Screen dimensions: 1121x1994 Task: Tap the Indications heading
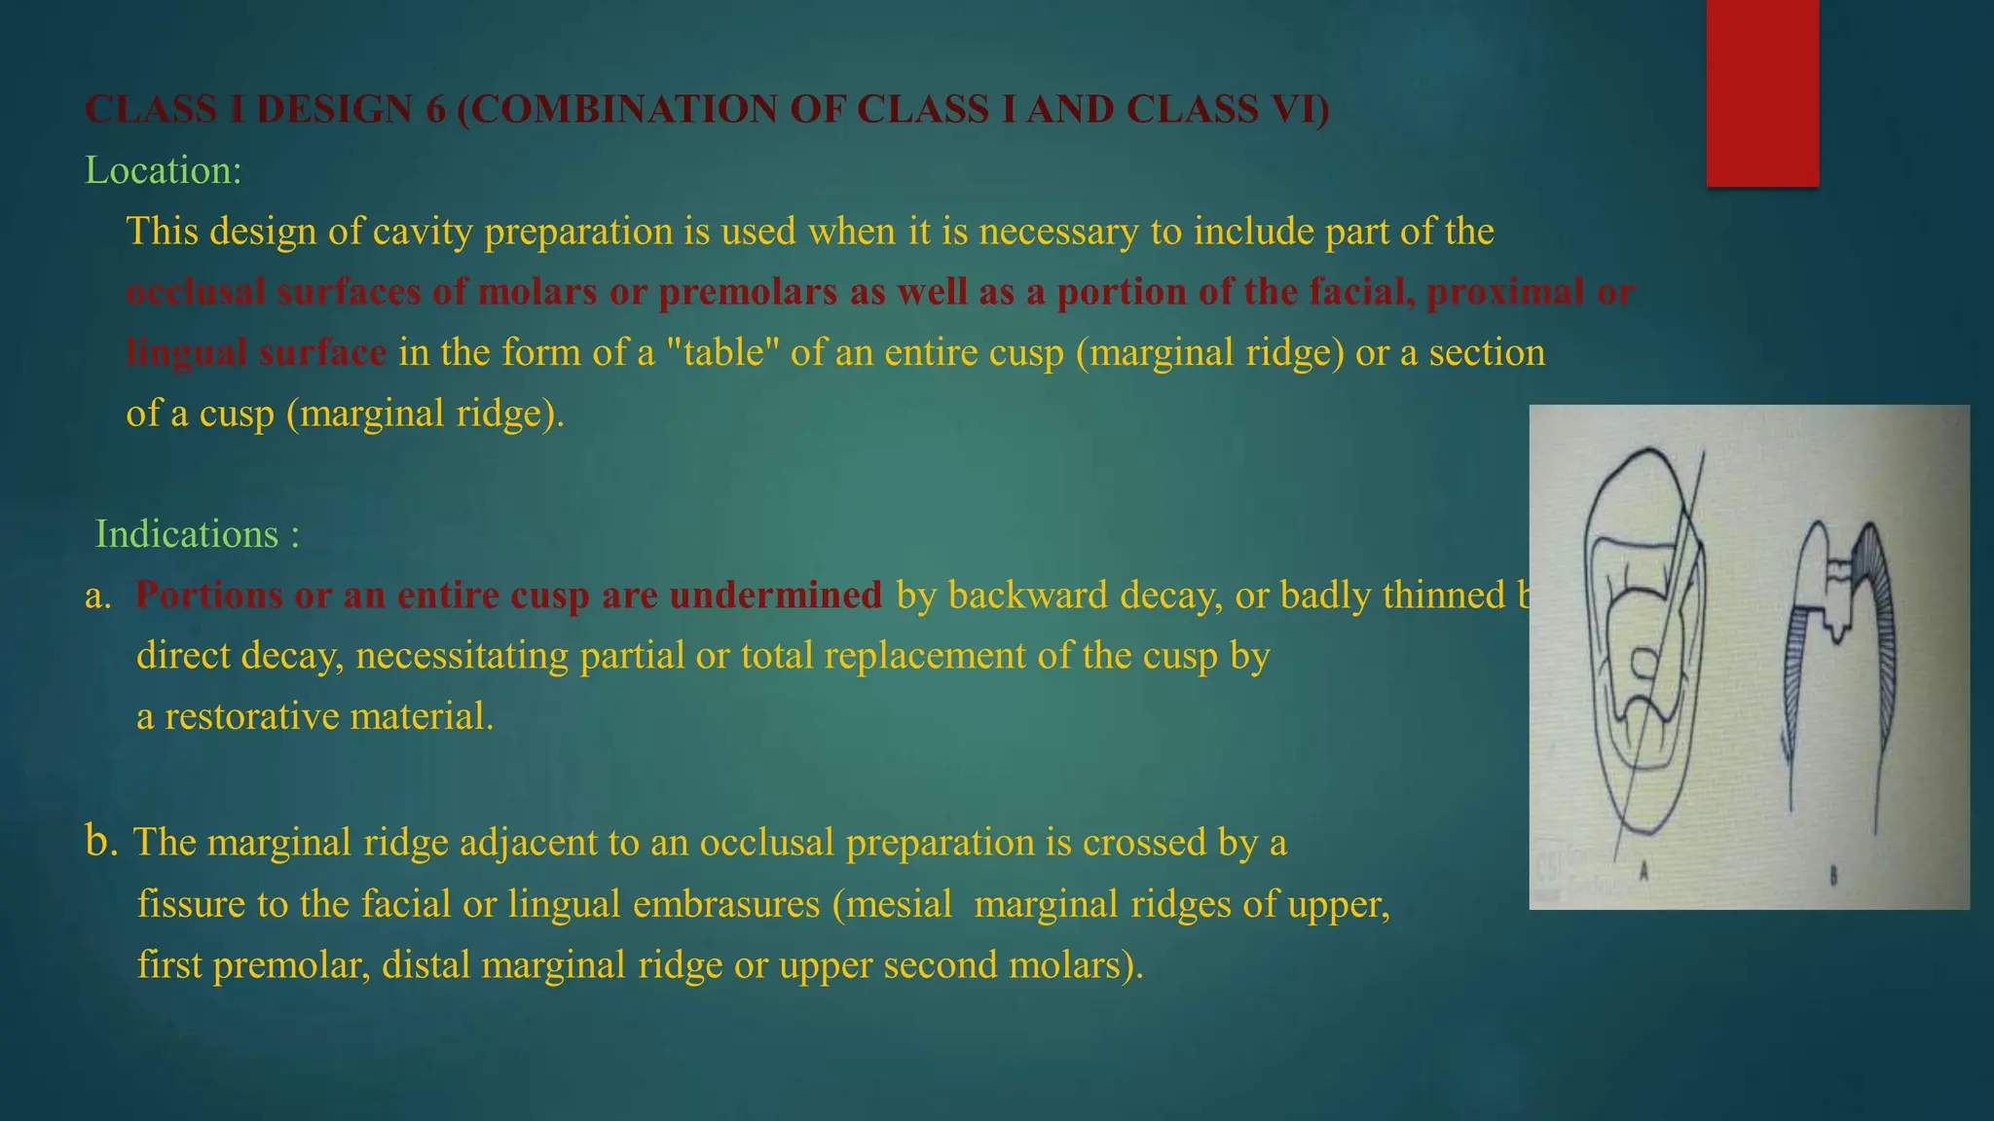click(186, 535)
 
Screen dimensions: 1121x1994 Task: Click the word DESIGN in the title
click(334, 110)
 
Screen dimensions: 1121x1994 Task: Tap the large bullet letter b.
click(101, 841)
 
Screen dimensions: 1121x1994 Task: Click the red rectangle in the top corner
click(1762, 92)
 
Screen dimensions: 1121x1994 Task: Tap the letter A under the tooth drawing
click(1643, 872)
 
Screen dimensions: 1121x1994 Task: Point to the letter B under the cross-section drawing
click(1833, 876)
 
